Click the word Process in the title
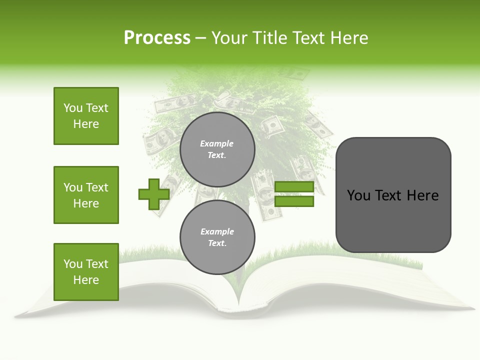[157, 38]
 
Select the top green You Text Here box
[86, 116]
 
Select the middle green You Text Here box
[86, 195]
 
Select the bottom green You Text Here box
[86, 272]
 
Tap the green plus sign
[154, 194]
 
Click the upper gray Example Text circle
[217, 149]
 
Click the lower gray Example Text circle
[217, 237]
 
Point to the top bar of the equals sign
[294, 187]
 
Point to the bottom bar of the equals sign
[294, 201]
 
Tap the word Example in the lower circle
[217, 231]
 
